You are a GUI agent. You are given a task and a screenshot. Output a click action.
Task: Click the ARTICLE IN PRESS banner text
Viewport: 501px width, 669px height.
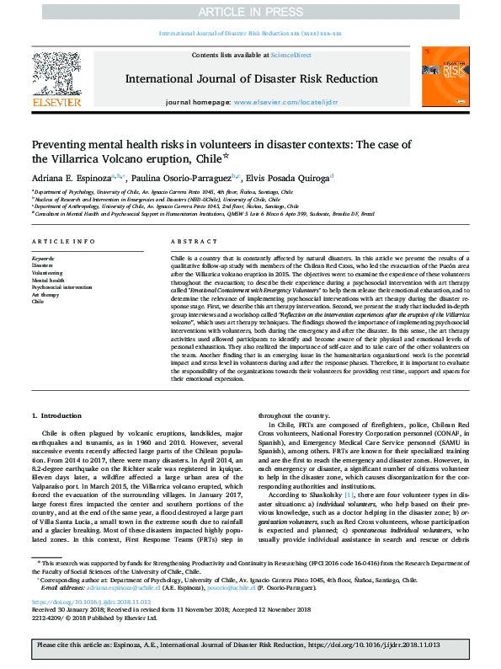(x=250, y=11)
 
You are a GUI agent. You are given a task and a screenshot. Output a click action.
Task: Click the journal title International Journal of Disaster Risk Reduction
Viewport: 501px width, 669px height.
(x=250, y=78)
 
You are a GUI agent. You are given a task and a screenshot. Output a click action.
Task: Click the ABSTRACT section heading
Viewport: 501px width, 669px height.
(x=189, y=241)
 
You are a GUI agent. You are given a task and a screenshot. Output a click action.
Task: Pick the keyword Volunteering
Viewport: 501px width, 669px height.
(x=46, y=273)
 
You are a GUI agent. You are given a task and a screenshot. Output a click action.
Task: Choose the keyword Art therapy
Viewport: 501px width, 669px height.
(x=45, y=294)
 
